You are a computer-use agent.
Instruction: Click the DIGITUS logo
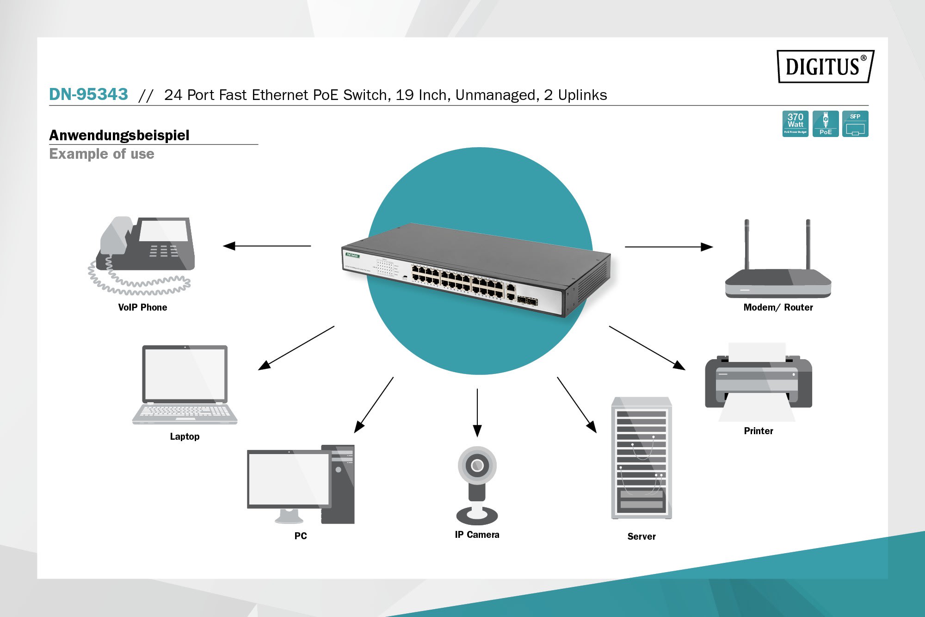click(x=825, y=66)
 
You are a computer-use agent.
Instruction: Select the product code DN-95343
click(x=88, y=94)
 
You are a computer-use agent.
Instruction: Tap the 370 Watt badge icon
click(x=795, y=124)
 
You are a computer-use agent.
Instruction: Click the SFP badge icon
click(x=855, y=124)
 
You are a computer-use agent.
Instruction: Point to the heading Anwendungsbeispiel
click(x=119, y=135)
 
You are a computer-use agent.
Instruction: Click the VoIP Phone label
click(x=142, y=307)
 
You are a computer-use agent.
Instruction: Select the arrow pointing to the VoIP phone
click(x=267, y=246)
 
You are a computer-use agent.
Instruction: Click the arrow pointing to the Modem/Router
click(x=669, y=247)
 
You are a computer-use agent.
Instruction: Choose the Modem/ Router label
click(x=778, y=307)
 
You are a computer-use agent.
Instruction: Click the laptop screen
click(x=185, y=374)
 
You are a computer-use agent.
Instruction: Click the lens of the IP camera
click(x=477, y=465)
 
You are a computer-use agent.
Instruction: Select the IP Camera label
click(x=477, y=535)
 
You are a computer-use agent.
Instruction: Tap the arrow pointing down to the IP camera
click(x=477, y=412)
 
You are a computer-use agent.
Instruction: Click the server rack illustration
click(x=641, y=458)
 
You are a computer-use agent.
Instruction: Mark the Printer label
click(x=758, y=431)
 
